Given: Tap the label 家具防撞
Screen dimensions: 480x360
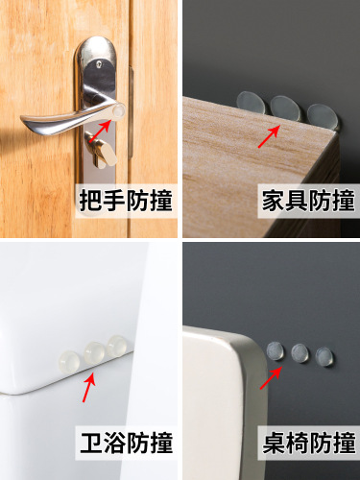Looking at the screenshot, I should [308, 202].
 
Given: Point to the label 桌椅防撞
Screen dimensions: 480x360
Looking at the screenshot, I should [308, 444].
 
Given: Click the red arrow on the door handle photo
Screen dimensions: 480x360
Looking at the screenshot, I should [108, 122].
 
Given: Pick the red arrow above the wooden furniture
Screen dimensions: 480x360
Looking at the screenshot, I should [268, 135].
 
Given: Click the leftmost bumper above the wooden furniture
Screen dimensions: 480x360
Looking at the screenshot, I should [251, 101].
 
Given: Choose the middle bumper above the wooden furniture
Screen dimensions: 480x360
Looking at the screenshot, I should [284, 108].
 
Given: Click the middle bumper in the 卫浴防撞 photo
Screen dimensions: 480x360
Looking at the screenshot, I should [93, 351].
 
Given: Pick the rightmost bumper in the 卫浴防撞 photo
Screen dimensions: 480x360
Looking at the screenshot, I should [117, 346].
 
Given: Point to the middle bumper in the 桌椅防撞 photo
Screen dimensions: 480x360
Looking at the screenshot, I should [300, 352].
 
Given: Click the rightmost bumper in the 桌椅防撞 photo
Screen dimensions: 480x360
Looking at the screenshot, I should [324, 356].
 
